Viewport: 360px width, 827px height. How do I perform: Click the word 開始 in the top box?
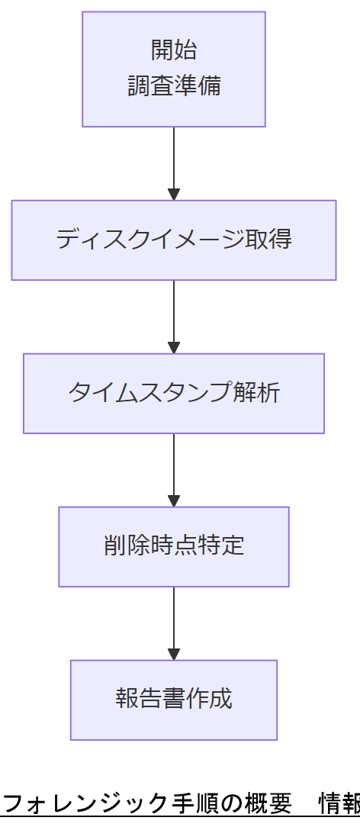174,50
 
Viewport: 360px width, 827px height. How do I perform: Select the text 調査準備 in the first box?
174,85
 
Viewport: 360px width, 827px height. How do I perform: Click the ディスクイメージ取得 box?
174,240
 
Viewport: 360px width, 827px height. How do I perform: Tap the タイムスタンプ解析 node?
174,393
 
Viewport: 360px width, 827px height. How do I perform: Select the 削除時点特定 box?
174,546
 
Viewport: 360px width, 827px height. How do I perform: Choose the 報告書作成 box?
174,700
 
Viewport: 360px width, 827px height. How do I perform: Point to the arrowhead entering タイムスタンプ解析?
174,348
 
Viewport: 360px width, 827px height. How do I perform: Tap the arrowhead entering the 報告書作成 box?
174,654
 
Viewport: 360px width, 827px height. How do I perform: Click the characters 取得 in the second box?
268,240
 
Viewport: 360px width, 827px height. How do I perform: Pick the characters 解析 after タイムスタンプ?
257,393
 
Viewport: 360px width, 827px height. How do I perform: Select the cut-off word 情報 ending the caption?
339,803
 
